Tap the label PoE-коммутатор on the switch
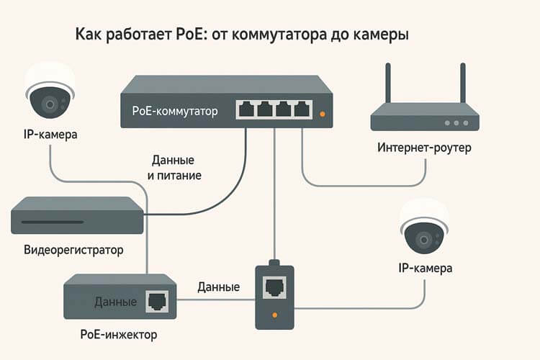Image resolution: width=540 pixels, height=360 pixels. pyautogui.click(x=176, y=110)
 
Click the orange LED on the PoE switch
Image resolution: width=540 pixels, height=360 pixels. pyautogui.click(x=322, y=114)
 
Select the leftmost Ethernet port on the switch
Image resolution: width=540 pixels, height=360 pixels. pyautogui.click(x=247, y=110)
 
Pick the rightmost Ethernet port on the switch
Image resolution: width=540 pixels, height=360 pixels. pyautogui.click(x=303, y=110)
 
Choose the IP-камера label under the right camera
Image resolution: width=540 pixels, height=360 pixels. pyautogui.click(x=425, y=269)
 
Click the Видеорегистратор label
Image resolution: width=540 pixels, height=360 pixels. pyautogui.click(x=73, y=250)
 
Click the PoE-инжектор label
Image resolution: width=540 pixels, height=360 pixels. pyautogui.click(x=119, y=335)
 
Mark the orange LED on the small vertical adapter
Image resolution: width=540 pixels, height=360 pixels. pyautogui.click(x=274, y=315)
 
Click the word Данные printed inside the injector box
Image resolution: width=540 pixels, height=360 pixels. pyautogui.click(x=115, y=302)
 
